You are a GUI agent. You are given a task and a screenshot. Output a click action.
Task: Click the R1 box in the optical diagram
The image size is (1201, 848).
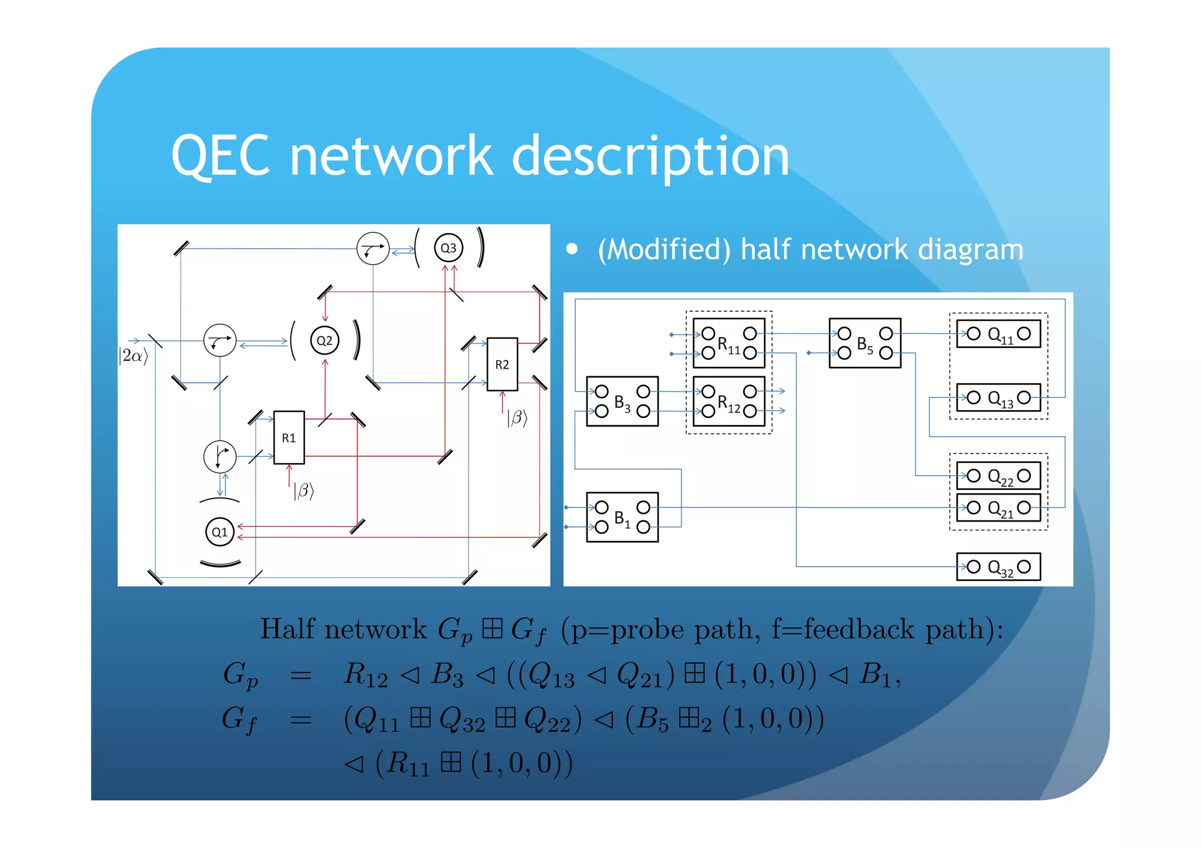289,438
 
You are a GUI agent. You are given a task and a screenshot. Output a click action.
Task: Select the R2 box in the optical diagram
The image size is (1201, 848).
502,365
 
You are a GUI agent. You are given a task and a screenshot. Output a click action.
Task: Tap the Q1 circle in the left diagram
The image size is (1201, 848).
220,532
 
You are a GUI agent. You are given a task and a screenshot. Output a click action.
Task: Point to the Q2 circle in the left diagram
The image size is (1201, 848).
324,340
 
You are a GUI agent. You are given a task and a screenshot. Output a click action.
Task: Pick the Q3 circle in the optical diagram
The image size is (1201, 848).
448,248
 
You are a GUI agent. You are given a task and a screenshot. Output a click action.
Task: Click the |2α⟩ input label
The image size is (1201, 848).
133,356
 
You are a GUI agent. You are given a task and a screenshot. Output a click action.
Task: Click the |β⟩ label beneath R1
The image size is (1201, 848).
303,491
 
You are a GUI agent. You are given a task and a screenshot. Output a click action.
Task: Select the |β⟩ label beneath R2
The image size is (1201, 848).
517,417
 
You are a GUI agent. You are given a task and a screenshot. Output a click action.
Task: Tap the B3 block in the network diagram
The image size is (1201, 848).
622,401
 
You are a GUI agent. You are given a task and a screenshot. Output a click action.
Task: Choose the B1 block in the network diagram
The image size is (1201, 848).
622,517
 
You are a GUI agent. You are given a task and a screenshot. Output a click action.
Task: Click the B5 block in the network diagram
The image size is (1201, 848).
864,343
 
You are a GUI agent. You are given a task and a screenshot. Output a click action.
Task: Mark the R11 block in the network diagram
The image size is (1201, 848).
728,343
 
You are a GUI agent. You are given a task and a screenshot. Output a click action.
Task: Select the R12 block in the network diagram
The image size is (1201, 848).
728,401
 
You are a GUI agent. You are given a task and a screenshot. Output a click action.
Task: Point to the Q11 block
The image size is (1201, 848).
998,334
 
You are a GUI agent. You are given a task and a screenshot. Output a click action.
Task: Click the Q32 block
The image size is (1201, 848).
998,567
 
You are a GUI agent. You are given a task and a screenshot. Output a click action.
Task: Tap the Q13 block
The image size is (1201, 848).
998,398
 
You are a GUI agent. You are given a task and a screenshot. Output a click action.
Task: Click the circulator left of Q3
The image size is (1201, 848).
373,248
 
